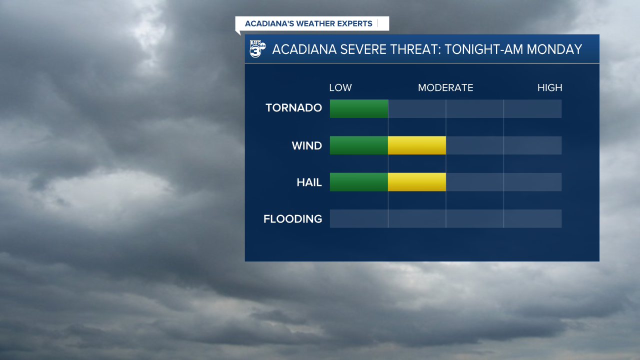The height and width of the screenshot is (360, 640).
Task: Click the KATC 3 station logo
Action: tap(257, 49)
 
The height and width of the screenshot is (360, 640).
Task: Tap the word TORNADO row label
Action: tap(293, 108)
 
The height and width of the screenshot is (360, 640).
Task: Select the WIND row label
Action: tap(306, 145)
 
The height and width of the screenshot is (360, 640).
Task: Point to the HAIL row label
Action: tap(309, 182)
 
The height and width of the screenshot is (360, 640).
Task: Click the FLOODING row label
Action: tap(292, 219)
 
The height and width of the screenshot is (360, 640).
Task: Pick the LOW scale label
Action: tap(340, 88)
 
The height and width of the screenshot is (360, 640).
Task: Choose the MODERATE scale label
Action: tap(445, 88)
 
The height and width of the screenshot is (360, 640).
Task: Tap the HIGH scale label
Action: tap(549, 88)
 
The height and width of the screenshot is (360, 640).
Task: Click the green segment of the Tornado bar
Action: tap(359, 108)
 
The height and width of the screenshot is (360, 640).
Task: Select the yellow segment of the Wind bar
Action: tap(416, 145)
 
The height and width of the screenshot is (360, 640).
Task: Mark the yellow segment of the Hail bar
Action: tap(416, 182)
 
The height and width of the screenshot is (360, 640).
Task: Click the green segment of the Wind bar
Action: tap(359, 145)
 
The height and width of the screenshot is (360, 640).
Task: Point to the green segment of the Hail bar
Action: tap(359, 182)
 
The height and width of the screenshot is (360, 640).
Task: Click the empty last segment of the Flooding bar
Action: tap(532, 218)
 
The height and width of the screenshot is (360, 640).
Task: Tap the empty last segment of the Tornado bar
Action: tap(532, 108)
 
